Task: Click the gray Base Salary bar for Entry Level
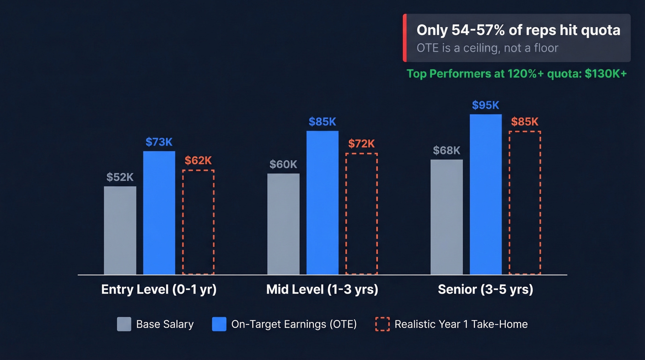tap(120, 230)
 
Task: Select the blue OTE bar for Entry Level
tap(159, 213)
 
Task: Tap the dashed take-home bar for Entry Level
tap(198, 222)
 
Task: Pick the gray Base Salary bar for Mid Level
tap(283, 224)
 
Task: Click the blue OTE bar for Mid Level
tap(322, 203)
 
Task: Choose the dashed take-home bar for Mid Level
tap(362, 214)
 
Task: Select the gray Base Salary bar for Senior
tap(446, 217)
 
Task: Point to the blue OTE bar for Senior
tap(486, 195)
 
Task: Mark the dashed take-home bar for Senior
tap(525, 203)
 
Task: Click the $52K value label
tap(120, 177)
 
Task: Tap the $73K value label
tap(159, 142)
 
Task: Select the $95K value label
tap(486, 106)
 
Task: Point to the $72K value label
tap(362, 144)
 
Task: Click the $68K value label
tap(446, 151)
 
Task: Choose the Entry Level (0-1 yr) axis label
tap(159, 289)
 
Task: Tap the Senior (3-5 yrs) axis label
tap(486, 289)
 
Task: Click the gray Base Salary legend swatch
tap(124, 324)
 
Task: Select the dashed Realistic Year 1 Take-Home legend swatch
tap(382, 324)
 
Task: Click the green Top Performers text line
tap(516, 74)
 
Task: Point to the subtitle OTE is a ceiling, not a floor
tap(487, 47)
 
